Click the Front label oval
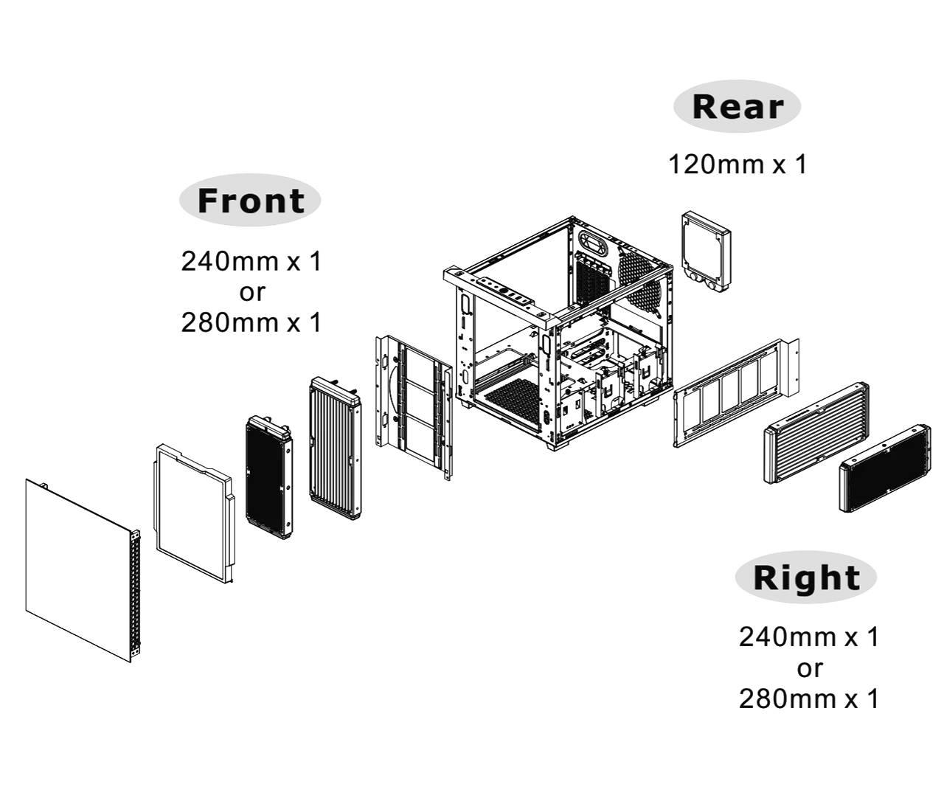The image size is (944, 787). (250, 200)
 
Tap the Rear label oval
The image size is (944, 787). (737, 106)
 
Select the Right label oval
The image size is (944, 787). (806, 577)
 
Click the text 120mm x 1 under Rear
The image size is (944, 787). (737, 164)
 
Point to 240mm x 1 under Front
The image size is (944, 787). (251, 261)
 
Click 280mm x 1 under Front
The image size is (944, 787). (251, 322)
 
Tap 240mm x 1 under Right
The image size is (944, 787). (809, 637)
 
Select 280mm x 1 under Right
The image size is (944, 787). (809, 698)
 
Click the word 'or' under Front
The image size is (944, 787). (252, 293)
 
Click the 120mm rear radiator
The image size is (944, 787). (706, 254)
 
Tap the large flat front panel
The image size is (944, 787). (83, 570)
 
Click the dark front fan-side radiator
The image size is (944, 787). (269, 477)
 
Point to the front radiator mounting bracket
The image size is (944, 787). (413, 408)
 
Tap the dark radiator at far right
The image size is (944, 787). (885, 468)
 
